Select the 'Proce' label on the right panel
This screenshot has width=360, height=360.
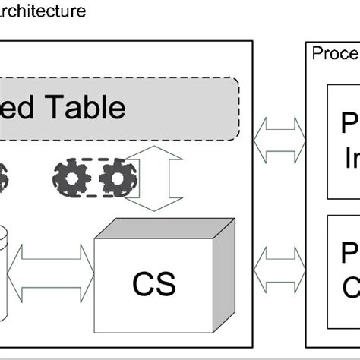pos(335,53)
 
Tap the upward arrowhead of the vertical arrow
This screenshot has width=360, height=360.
pos(153,156)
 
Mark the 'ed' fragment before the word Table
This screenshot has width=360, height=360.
pos(18,107)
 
